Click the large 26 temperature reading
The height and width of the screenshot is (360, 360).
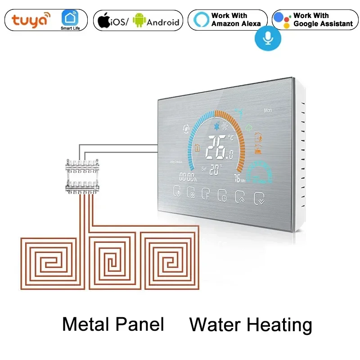[x=217, y=148]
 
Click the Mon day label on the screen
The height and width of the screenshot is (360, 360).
[x=268, y=110]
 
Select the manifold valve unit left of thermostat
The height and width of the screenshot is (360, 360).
[x=82, y=175]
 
